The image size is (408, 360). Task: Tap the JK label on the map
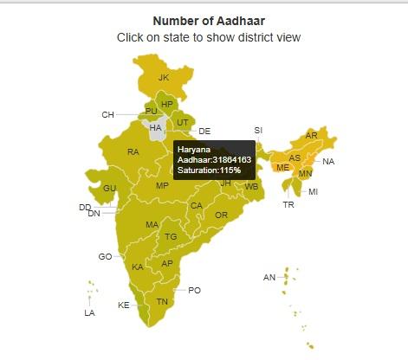click(164, 78)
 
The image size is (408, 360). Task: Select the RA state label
click(133, 152)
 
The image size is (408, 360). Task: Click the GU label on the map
click(109, 189)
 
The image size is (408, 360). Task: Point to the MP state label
click(162, 186)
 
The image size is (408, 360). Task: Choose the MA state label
click(152, 225)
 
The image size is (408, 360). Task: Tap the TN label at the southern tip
click(162, 302)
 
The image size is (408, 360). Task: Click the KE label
click(124, 305)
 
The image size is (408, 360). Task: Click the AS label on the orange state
click(295, 158)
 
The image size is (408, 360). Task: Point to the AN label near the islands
click(269, 277)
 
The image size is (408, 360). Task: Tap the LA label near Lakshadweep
click(89, 312)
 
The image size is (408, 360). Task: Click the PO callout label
click(194, 291)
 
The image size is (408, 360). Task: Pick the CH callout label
click(107, 114)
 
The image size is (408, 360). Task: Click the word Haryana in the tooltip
click(194, 149)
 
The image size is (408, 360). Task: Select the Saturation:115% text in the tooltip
click(209, 171)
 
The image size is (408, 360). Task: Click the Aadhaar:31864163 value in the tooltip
click(214, 160)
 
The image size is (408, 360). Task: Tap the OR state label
click(221, 215)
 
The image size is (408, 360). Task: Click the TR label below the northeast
click(288, 205)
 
